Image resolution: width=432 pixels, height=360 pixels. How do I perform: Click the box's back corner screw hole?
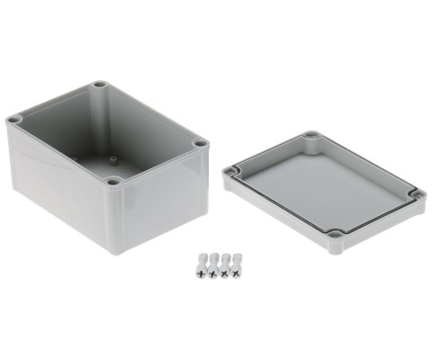tap(100, 85)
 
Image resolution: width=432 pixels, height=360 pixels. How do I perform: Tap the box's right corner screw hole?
tap(199, 143)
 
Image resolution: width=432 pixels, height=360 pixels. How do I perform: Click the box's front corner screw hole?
tap(112, 183)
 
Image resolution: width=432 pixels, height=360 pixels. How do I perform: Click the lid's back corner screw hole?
tap(311, 137)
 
